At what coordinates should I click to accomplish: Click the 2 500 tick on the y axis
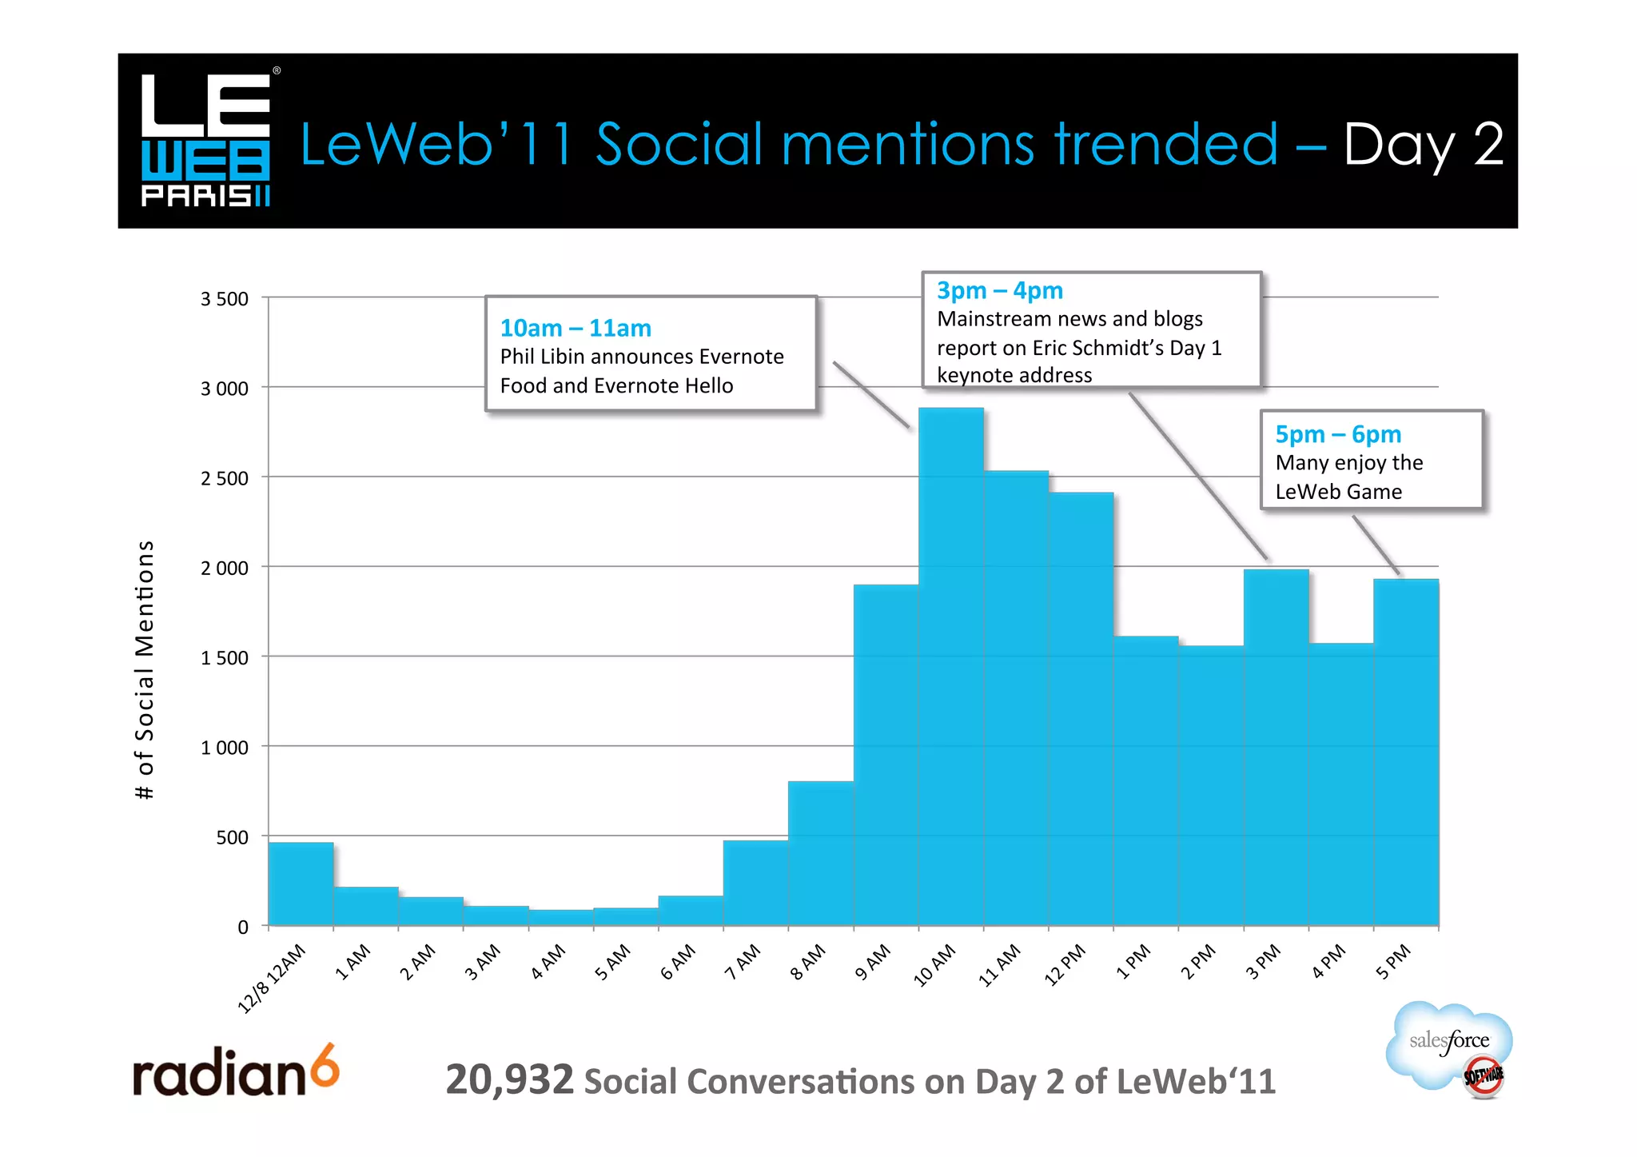(x=225, y=478)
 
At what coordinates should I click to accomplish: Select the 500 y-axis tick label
(x=232, y=837)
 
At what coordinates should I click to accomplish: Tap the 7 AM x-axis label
(x=743, y=962)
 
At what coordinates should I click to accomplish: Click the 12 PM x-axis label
(x=1065, y=964)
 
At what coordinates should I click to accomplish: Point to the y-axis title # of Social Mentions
(x=145, y=669)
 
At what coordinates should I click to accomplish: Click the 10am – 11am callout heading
(x=576, y=328)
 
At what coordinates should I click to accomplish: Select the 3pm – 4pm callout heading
(x=999, y=290)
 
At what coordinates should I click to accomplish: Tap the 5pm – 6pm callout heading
(x=1338, y=434)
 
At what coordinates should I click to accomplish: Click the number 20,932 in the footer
(x=509, y=1079)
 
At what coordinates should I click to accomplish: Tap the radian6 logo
(x=236, y=1071)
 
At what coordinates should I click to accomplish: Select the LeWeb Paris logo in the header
(x=206, y=140)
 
